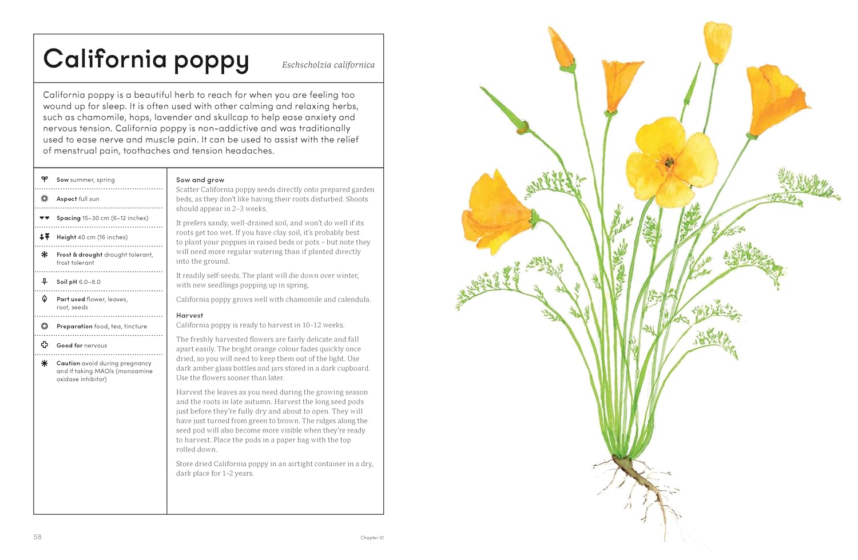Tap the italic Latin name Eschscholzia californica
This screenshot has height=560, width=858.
coord(328,65)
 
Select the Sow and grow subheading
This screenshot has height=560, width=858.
coord(200,180)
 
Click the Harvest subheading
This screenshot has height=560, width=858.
coord(189,315)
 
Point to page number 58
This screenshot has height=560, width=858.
coord(38,537)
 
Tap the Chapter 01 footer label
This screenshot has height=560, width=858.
coord(372,538)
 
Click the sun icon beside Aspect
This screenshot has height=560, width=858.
coord(45,198)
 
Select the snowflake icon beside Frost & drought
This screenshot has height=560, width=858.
coord(45,255)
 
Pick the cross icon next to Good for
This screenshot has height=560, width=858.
coord(45,345)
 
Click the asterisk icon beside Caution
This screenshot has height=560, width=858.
coord(45,363)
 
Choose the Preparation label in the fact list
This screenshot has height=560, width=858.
coord(74,327)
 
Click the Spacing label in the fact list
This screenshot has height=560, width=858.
coord(69,218)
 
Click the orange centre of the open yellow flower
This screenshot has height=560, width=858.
coord(669,162)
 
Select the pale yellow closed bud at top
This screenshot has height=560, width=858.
coord(717,41)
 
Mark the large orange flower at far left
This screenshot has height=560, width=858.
coord(495,212)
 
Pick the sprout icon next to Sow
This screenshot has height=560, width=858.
coord(45,180)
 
